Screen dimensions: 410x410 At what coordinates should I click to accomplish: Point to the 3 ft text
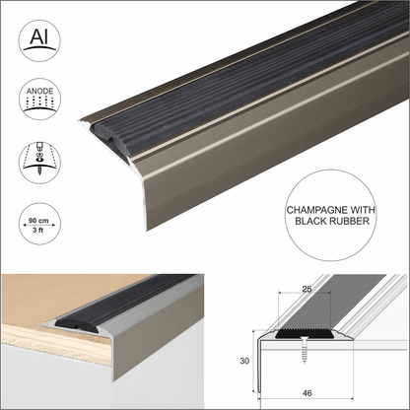pyautogui.click(x=38, y=233)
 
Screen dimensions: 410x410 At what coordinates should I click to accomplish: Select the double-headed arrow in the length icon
pyautogui.click(x=38, y=226)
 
